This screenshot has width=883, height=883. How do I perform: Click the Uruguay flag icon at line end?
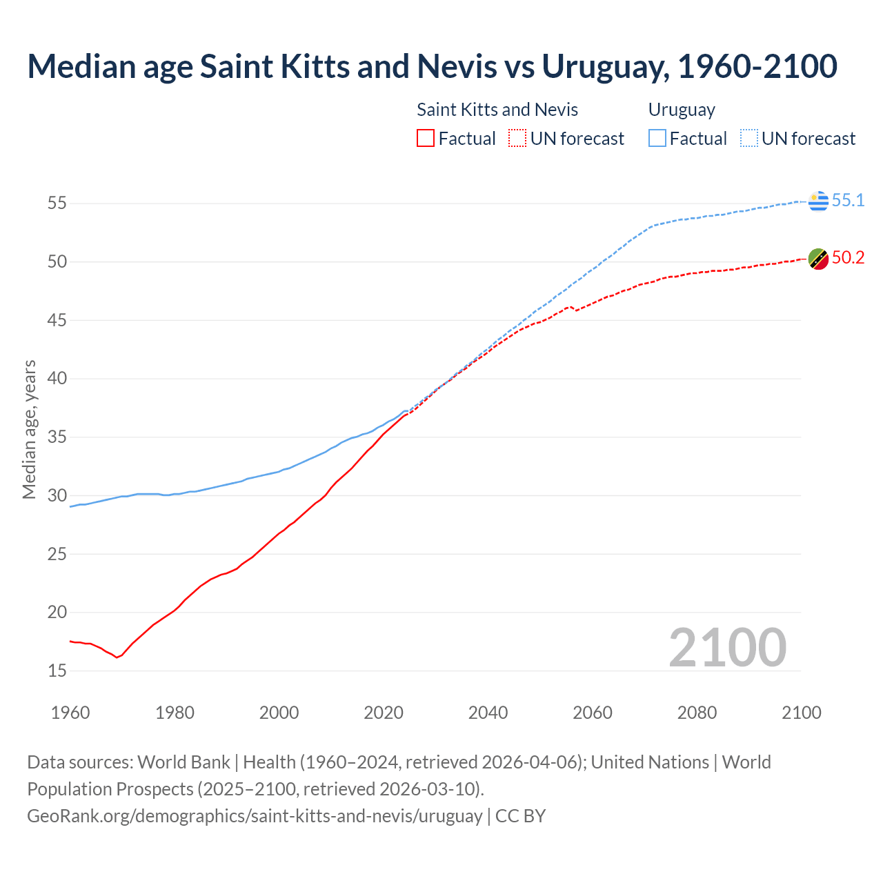(818, 201)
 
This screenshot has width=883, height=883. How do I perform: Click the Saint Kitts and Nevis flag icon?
(818, 259)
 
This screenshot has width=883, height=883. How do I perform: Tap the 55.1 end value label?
(848, 201)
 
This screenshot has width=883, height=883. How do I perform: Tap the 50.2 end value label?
(848, 258)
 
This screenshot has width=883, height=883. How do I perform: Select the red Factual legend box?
(426, 139)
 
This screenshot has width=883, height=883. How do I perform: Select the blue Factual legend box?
(657, 139)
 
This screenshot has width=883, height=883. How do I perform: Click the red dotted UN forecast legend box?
(517, 139)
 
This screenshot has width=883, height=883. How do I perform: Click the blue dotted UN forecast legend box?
(748, 139)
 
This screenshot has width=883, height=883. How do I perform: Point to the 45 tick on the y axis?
(57, 321)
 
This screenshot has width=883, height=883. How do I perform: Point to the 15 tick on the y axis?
(57, 671)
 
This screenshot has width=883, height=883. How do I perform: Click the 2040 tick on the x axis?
(488, 713)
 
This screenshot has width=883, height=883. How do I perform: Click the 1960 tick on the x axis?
(70, 713)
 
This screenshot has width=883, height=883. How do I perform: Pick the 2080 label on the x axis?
(697, 713)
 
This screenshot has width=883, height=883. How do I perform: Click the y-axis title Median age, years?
(29, 429)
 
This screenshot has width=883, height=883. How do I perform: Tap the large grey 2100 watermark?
(727, 647)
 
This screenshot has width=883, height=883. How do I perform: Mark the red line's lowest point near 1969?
(117, 657)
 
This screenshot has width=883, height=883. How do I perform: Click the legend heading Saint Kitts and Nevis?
(497, 110)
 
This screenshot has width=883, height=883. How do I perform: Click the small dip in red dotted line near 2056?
(575, 310)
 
